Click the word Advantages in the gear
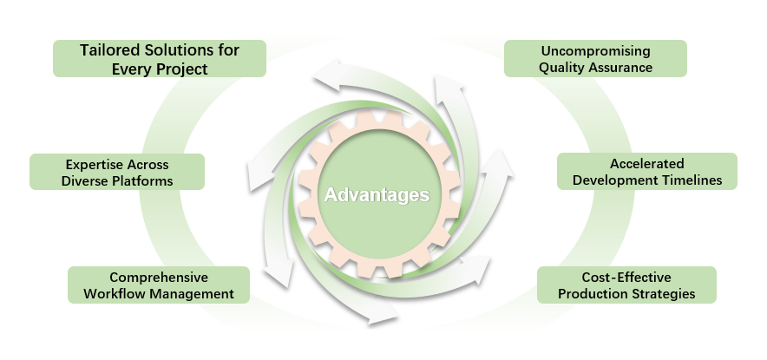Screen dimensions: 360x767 coord(377,194)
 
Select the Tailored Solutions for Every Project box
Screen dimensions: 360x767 coord(159,58)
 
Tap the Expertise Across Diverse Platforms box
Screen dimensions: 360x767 coord(117,172)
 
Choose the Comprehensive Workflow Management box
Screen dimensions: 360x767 coord(159,285)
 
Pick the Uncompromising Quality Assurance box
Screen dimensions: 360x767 coord(595,58)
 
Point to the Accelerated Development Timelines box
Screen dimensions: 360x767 coord(646,172)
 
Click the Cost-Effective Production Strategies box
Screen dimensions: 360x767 coord(626,285)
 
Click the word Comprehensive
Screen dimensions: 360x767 coord(159,278)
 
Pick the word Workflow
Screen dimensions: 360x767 coord(116,294)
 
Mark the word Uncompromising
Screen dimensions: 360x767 coord(595,50)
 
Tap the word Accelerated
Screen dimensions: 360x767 coord(647,164)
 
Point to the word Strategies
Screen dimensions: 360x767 coord(665,294)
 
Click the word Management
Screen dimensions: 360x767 coord(194,294)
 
